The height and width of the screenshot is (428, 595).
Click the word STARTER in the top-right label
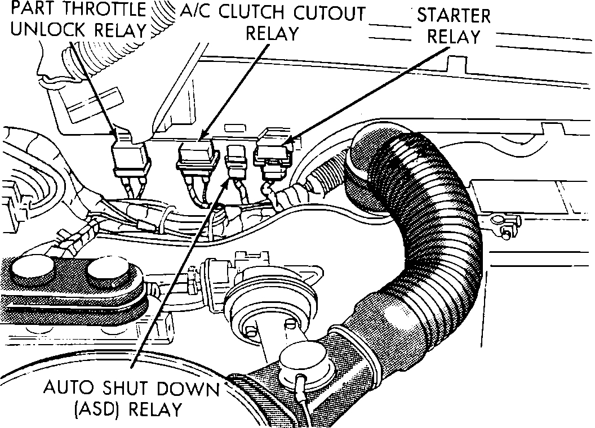click(x=454, y=15)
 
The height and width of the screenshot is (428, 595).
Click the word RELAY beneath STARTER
click(x=453, y=37)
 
